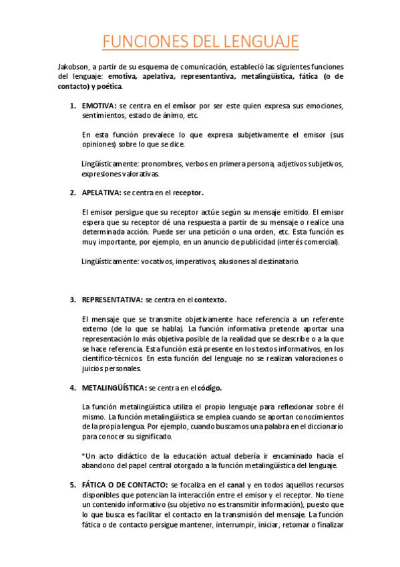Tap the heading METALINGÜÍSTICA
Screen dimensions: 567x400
point(114,387)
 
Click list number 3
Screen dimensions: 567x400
point(72,300)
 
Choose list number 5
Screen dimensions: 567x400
point(72,484)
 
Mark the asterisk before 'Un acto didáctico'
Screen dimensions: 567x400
point(83,455)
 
